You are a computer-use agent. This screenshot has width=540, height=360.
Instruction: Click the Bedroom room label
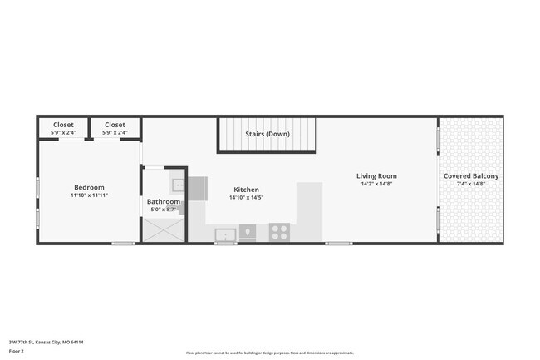pyautogui.click(x=89, y=187)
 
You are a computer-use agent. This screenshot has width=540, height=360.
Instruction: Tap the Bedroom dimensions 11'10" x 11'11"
pyautogui.click(x=89, y=195)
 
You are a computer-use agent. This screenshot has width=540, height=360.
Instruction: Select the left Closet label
pyautogui.click(x=63, y=125)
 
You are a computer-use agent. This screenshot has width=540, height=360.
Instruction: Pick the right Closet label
pyautogui.click(x=115, y=125)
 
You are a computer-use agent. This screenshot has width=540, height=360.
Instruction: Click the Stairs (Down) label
pyautogui.click(x=268, y=134)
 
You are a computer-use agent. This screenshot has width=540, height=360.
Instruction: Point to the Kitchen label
pyautogui.click(x=246, y=190)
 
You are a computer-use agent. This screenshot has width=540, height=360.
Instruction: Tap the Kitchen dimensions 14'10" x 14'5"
pyautogui.click(x=246, y=198)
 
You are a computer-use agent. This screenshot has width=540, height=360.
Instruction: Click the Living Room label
pyautogui.click(x=376, y=176)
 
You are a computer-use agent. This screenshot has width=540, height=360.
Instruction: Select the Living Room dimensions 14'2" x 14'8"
pyautogui.click(x=376, y=185)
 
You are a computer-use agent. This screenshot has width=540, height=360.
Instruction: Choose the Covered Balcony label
pyautogui.click(x=471, y=176)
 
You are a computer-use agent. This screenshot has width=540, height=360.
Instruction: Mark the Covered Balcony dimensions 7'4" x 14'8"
pyautogui.click(x=471, y=185)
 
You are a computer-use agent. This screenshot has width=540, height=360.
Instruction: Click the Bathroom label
pyautogui.click(x=164, y=201)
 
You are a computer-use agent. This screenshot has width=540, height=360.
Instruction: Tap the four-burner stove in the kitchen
pyautogui.click(x=280, y=232)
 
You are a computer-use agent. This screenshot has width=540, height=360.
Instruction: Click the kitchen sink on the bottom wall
pyautogui.click(x=225, y=235)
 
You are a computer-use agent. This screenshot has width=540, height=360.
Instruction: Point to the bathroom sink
pyautogui.click(x=178, y=185)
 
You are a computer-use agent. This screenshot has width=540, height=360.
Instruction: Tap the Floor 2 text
pyautogui.click(x=17, y=352)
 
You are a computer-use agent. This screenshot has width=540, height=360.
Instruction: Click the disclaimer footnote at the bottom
pyautogui.click(x=269, y=353)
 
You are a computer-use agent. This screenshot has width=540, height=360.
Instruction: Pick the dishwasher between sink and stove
pyautogui.click(x=248, y=232)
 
